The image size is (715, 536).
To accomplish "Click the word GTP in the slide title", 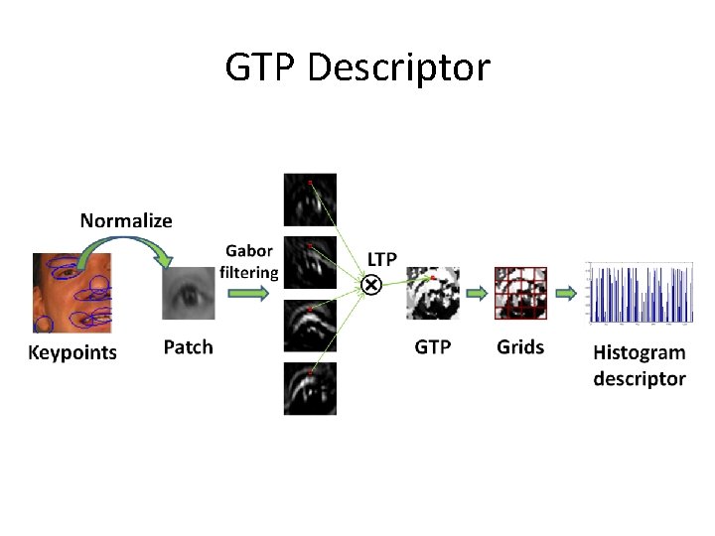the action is pyautogui.click(x=260, y=67).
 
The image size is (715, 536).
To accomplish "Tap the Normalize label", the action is pyautogui.click(x=126, y=220).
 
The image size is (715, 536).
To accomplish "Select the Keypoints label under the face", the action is pyautogui.click(x=71, y=352).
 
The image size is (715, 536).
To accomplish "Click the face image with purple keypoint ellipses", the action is pyautogui.click(x=71, y=293).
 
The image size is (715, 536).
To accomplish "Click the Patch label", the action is pyautogui.click(x=188, y=346).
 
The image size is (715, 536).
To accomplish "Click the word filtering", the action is pyautogui.click(x=249, y=272).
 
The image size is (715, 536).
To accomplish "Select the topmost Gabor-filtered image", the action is pyautogui.click(x=310, y=200).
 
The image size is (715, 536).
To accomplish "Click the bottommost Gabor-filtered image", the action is pyautogui.click(x=310, y=388).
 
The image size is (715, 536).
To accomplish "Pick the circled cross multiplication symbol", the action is pyautogui.click(x=369, y=286).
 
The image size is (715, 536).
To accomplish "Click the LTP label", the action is pyautogui.click(x=382, y=259).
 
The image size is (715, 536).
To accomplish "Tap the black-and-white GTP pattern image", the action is pyautogui.click(x=433, y=293).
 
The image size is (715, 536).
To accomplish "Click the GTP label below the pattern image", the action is pyautogui.click(x=433, y=346).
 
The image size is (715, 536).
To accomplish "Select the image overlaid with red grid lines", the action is pyautogui.click(x=520, y=293).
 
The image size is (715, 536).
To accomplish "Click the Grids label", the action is pyautogui.click(x=520, y=346).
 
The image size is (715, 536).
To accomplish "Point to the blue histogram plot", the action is pyautogui.click(x=640, y=293).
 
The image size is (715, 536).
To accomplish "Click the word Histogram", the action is pyautogui.click(x=640, y=352).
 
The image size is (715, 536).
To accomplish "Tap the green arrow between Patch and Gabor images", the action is pyautogui.click(x=248, y=294).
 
